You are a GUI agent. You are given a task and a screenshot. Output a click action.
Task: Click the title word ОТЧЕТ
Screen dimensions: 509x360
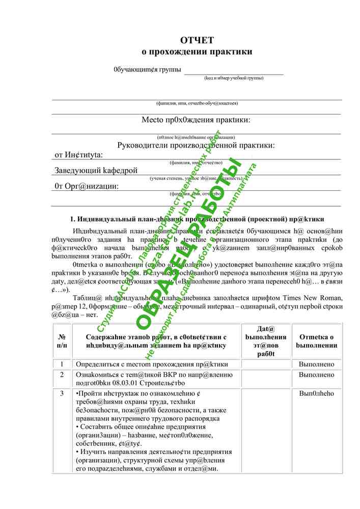(x=197, y=40)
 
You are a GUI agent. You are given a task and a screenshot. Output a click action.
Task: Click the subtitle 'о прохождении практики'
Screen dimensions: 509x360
(x=197, y=51)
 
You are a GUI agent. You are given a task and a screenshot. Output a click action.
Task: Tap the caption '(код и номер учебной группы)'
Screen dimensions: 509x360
(x=234, y=78)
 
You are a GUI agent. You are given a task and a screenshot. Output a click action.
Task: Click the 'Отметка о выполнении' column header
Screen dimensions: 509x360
(x=316, y=341)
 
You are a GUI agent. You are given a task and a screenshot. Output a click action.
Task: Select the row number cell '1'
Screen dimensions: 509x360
(x=62, y=364)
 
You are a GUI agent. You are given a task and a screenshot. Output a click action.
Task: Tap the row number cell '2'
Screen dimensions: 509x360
(x=62, y=375)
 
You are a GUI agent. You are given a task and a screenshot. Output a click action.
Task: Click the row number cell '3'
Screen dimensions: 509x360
(x=62, y=393)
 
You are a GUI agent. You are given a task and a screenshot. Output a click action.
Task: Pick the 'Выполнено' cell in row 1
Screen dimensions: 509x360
(x=316, y=364)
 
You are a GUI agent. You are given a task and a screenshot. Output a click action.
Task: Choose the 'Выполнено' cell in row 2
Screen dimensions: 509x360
(x=316, y=375)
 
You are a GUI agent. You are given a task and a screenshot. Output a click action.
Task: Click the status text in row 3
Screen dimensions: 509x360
(x=316, y=393)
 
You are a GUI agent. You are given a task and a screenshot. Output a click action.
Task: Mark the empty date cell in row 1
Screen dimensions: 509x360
(x=265, y=364)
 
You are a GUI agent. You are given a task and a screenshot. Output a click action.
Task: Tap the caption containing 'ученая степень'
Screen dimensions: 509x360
(x=196, y=179)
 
